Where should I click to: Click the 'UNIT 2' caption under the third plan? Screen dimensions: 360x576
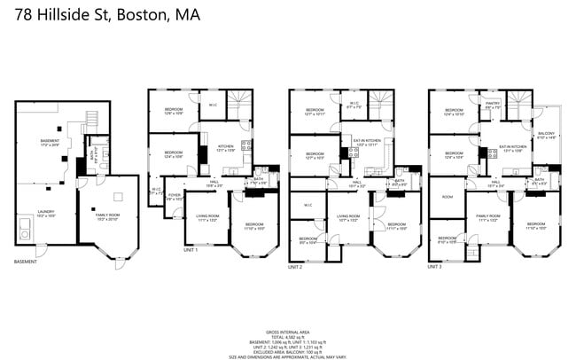tap(296, 266)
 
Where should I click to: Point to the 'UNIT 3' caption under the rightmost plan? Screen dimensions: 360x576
tap(435, 266)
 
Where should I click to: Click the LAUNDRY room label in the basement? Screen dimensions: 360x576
tap(45, 213)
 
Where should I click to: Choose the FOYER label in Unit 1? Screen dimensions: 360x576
tap(175, 196)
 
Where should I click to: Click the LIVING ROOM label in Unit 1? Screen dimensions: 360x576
tap(207, 216)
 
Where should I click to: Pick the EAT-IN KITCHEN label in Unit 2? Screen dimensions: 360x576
tap(367, 142)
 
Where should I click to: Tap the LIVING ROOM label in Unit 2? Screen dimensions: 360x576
tap(347, 216)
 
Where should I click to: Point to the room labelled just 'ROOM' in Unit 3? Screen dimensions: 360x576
tap(448, 197)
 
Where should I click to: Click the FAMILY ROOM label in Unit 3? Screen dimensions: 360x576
tap(488, 216)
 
